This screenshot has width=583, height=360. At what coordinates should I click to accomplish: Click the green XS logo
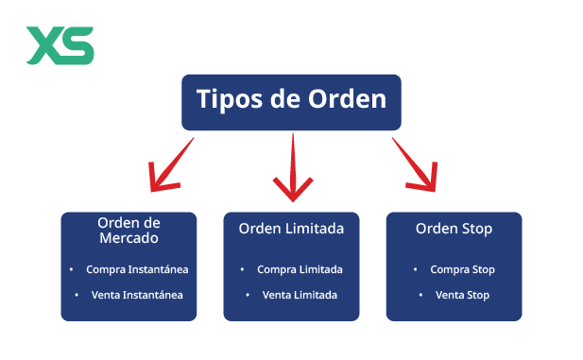(60, 45)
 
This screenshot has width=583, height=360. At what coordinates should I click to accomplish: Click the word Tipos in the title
(227, 99)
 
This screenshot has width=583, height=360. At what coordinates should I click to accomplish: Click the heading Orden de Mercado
(129, 230)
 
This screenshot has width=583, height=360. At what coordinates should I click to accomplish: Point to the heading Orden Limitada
(291, 229)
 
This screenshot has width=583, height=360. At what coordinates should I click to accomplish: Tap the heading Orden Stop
(454, 229)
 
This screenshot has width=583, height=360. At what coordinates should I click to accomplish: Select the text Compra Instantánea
(137, 269)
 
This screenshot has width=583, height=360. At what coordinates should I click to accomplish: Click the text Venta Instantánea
(137, 295)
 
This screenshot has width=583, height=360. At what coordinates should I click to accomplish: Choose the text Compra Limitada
(300, 269)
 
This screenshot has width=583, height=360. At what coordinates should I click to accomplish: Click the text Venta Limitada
(300, 295)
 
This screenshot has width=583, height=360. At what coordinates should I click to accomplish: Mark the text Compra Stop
(462, 269)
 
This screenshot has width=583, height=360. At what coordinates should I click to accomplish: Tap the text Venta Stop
(462, 295)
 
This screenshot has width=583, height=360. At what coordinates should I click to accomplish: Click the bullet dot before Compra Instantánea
(72, 269)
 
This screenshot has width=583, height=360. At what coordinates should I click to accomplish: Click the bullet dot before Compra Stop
(417, 269)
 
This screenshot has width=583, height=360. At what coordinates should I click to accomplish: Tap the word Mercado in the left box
(129, 238)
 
